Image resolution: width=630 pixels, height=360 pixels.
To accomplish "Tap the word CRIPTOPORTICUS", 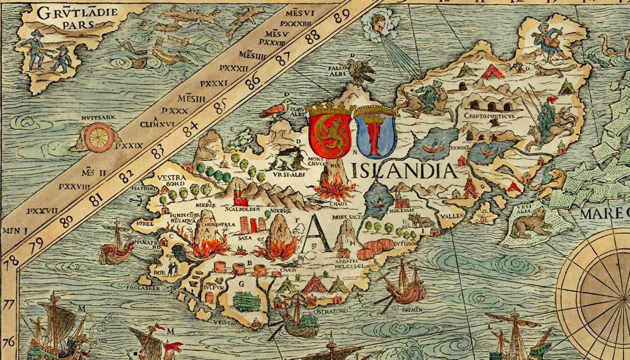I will (489, 116).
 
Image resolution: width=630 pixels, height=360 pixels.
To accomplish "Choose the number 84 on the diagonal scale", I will (190, 129).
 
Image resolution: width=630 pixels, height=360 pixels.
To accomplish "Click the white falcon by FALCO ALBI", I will (360, 71).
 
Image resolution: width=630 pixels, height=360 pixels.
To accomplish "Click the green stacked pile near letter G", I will (246, 301).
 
